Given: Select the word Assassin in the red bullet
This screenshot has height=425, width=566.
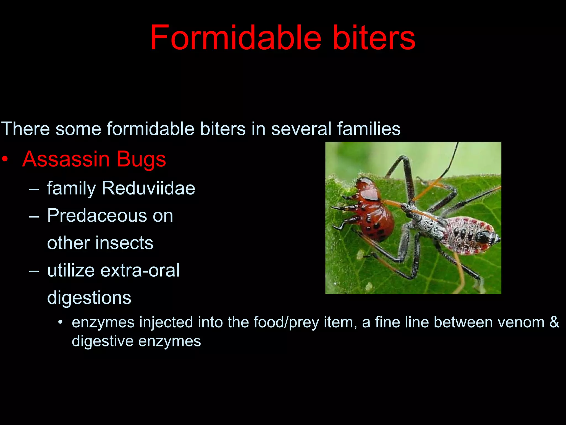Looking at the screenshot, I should point(66,159).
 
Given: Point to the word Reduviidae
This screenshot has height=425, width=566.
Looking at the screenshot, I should point(148,188).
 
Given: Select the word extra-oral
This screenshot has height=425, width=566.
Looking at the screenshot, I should point(140,270).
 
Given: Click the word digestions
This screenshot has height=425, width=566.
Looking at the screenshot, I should point(89,298).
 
